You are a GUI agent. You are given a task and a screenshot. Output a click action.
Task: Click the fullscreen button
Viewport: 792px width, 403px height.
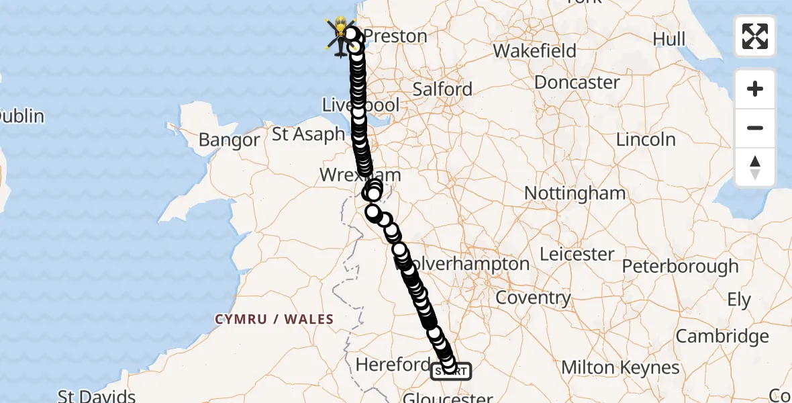point(755,36)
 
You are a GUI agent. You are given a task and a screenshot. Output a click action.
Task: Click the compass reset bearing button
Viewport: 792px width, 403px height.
point(755,167)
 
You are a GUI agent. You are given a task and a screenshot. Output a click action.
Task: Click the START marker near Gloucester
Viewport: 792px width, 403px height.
point(450,371)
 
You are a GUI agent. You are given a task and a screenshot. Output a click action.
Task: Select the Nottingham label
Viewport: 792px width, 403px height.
point(575,193)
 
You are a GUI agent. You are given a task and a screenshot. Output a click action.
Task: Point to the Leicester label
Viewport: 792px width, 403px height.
point(577,255)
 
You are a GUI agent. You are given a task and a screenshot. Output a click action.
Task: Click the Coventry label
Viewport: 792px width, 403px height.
point(534,298)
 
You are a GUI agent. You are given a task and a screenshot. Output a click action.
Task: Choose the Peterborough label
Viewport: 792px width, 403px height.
point(680,267)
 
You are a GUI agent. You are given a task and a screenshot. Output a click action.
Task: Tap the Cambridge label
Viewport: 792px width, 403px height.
point(722,336)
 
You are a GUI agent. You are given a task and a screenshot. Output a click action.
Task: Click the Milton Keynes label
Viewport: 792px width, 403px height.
point(620,367)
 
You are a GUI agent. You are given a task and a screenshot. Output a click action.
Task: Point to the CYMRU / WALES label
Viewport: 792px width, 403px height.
point(275,319)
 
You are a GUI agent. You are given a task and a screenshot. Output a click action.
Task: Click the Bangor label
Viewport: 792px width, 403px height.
point(230,140)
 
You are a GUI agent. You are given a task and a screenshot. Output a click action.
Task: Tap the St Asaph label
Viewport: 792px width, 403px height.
point(309,134)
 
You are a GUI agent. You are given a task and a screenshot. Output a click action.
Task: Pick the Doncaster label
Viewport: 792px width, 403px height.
point(577,83)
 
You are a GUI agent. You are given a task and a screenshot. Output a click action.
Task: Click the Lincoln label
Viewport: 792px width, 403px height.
point(646,140)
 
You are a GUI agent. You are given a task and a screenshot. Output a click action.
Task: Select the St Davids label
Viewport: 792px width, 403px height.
point(97,396)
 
